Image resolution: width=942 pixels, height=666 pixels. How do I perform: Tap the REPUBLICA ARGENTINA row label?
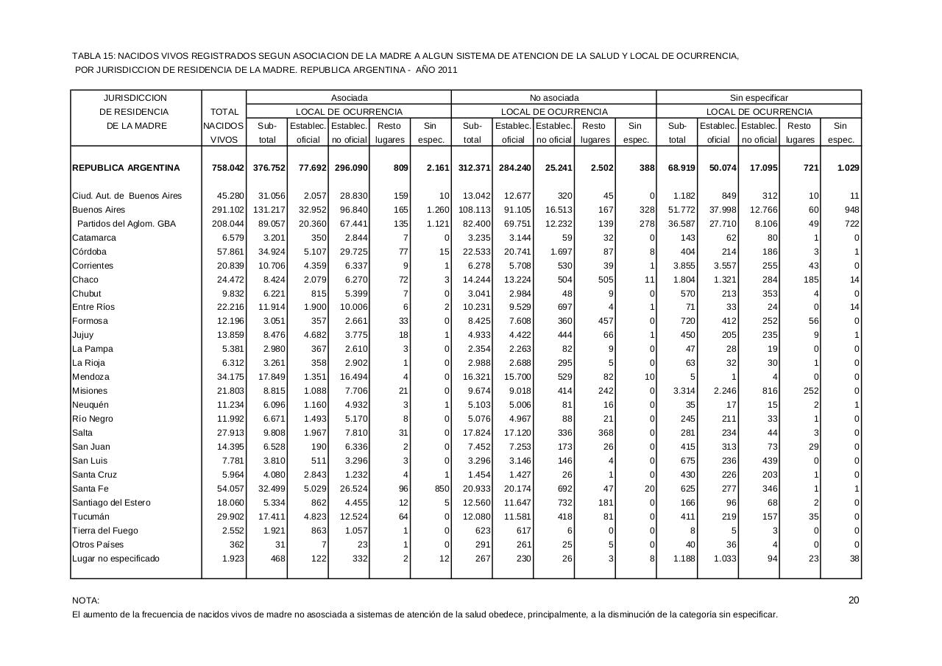(x=126, y=168)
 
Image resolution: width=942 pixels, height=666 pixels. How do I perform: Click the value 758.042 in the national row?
(x=227, y=168)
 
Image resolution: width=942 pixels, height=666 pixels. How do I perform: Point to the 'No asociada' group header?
(x=554, y=98)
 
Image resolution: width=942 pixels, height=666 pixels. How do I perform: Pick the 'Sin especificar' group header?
(x=759, y=98)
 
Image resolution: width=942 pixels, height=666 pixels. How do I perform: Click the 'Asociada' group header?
(x=349, y=98)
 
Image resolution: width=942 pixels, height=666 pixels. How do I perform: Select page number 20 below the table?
(x=854, y=600)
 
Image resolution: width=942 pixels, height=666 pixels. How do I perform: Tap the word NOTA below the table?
(x=85, y=601)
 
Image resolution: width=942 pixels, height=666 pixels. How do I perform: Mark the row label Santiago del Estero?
(x=111, y=503)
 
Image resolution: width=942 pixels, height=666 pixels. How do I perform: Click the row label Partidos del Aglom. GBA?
(x=127, y=224)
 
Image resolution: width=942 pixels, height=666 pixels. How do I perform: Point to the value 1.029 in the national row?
(x=849, y=168)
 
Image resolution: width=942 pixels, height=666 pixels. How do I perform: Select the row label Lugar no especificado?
(x=116, y=559)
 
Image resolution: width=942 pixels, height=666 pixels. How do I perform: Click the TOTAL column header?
(x=224, y=112)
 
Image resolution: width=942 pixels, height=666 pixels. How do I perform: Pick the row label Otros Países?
(x=98, y=545)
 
